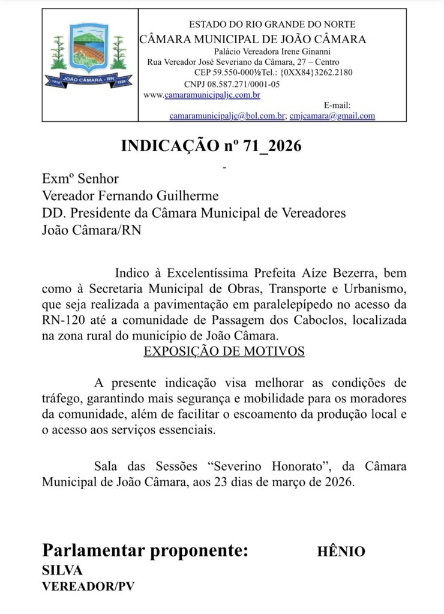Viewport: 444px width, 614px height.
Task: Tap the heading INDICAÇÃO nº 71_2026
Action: [x=211, y=146]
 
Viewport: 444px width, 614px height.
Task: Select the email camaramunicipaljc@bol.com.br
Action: [x=227, y=116]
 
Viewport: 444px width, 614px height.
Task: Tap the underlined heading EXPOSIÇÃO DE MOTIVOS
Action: [x=224, y=351]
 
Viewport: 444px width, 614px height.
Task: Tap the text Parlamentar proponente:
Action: [x=145, y=551]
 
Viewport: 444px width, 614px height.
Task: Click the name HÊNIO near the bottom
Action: [x=341, y=552]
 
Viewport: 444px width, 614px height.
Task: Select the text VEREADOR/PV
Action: [x=88, y=586]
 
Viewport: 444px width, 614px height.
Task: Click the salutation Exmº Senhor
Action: [x=80, y=179]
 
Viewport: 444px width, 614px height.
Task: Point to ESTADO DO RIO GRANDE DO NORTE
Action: [x=272, y=25]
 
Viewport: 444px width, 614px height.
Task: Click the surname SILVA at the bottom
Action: [x=62, y=570]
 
